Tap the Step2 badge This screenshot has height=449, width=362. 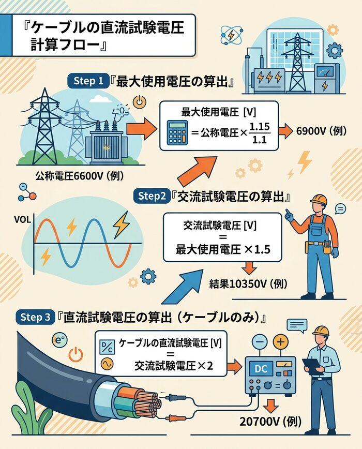[153, 196]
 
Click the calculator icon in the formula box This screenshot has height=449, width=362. [178, 132]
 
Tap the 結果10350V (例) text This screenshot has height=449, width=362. [248, 283]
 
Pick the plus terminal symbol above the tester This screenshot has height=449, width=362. [280, 342]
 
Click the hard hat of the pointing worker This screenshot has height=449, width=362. [319, 200]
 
